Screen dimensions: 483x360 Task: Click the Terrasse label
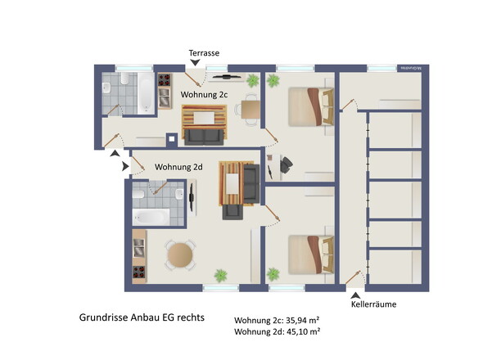tap(204, 53)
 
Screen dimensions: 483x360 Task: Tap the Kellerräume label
tap(373, 304)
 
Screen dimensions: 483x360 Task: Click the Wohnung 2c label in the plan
tap(204, 95)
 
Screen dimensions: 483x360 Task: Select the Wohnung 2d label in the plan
tap(178, 167)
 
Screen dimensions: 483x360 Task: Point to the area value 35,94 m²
tap(303, 321)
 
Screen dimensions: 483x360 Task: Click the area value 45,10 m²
tap(303, 331)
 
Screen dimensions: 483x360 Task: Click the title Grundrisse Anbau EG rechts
tap(142, 317)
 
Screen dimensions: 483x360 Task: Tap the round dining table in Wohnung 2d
tap(180, 255)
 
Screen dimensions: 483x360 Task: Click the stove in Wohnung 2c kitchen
tap(165, 79)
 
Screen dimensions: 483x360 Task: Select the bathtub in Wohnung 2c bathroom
tap(146, 93)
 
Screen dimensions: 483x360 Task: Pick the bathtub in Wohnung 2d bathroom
tap(151, 217)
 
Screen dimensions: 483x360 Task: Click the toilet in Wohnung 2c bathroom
tap(124, 79)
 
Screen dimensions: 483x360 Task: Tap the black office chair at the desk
tap(287, 164)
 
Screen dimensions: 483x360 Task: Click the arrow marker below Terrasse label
tap(195, 62)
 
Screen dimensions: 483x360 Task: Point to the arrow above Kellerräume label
tap(355, 295)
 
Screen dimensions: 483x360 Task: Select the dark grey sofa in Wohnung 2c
tap(204, 137)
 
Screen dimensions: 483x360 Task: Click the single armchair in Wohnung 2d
tap(232, 212)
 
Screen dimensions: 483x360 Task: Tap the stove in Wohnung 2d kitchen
tap(139, 272)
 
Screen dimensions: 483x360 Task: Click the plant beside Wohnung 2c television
tap(253, 80)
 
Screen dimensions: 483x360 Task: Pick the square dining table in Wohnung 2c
tap(251, 110)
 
